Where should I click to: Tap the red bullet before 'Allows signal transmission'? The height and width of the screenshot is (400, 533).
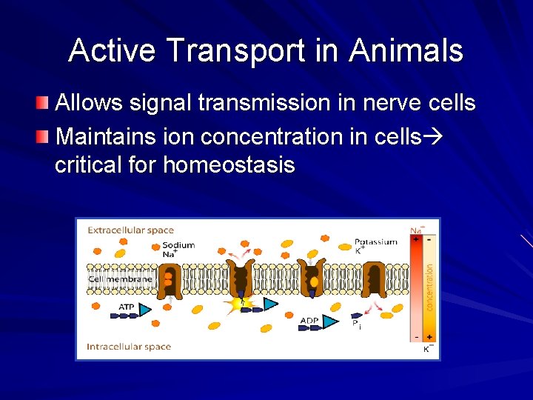tap(45, 101)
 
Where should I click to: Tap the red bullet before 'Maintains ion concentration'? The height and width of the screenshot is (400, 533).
tap(45, 136)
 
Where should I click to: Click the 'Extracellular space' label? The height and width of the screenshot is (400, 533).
tap(131, 230)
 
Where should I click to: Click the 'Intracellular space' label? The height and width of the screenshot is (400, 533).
tap(129, 347)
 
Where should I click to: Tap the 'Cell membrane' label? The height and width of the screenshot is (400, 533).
tap(121, 279)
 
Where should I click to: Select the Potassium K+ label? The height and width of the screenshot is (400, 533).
tap(375, 245)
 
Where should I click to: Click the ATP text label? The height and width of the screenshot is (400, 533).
tap(127, 307)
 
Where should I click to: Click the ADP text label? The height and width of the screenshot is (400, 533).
tap(309, 321)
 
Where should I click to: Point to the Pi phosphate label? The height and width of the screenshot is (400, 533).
tap(356, 324)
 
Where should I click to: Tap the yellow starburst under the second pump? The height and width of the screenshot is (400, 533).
tap(239, 304)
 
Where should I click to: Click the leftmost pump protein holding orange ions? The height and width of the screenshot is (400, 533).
tap(171, 279)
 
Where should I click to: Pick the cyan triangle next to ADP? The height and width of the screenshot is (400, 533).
tap(330, 321)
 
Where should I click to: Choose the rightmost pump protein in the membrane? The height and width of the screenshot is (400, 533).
tap(375, 279)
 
